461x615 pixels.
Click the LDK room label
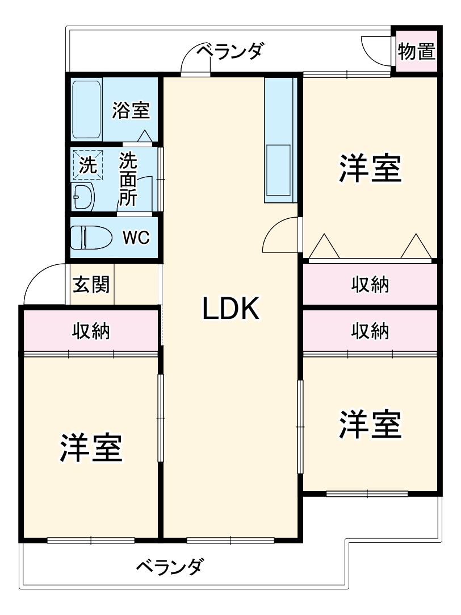point(230,308)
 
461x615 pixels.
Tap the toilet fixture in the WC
point(91,237)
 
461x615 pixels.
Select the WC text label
point(136,237)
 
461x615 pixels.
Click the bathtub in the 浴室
point(86,110)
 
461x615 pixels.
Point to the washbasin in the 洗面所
point(83,197)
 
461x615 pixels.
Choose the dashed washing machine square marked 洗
point(88,165)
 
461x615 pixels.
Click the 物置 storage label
point(416,51)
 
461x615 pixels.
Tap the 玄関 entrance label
point(91,284)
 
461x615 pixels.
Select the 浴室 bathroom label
point(131,110)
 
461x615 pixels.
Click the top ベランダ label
point(230,51)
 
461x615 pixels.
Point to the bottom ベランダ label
point(170,566)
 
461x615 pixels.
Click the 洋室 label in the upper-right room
point(370,169)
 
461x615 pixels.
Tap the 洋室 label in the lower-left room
point(91,447)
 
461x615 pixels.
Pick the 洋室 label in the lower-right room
point(370,424)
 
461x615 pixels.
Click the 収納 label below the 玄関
point(91,331)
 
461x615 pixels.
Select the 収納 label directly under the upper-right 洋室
point(370,284)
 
